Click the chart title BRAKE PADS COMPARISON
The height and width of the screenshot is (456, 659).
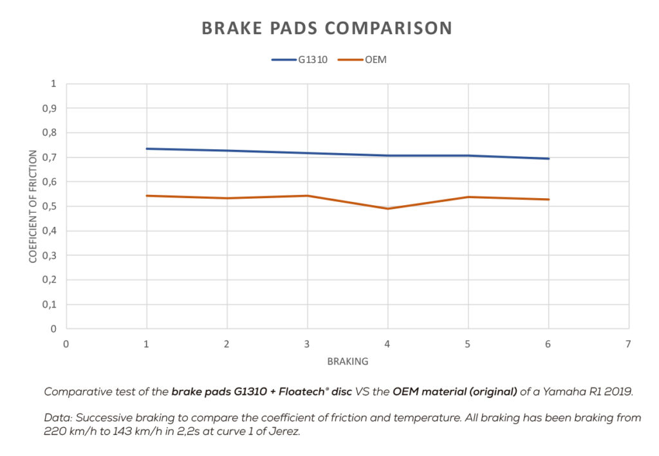[x=327, y=28]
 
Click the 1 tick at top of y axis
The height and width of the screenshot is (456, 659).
[x=54, y=84]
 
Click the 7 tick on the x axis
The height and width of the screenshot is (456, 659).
[x=628, y=343]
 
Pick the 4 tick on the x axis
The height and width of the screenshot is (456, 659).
[x=387, y=343]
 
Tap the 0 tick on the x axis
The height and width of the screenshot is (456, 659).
[x=66, y=343]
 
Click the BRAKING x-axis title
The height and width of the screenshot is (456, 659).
[x=348, y=361]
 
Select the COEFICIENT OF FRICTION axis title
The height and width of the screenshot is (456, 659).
[x=33, y=206]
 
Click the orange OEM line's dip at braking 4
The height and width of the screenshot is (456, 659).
[x=388, y=208]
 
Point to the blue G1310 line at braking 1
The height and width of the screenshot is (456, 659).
[x=147, y=149]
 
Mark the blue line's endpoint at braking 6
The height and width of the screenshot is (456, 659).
[x=548, y=158]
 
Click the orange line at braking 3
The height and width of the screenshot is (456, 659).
[x=308, y=196]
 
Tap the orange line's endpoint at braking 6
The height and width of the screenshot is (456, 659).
[x=548, y=199]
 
